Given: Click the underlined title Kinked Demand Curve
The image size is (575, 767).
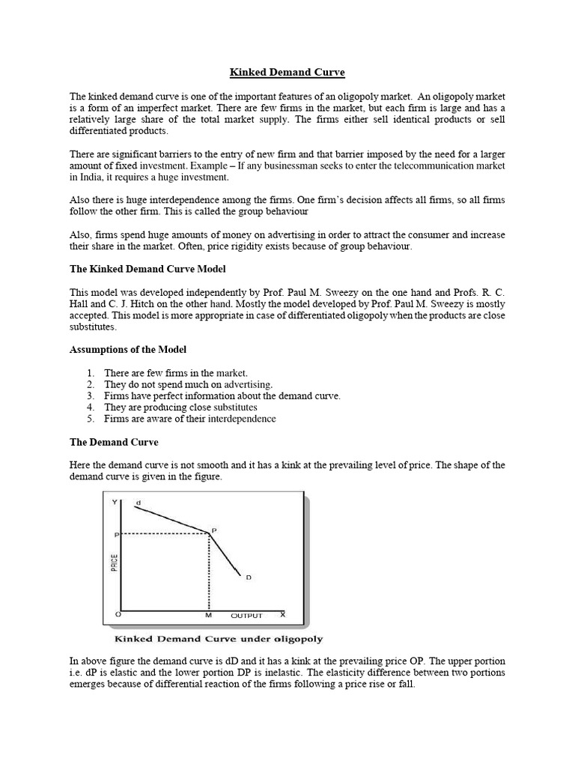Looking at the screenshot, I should click(x=287, y=72).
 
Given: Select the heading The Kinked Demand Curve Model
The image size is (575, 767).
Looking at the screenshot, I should click(x=147, y=269).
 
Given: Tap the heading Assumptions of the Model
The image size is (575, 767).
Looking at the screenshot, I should click(x=128, y=350).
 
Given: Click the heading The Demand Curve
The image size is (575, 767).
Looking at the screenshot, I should click(x=114, y=442).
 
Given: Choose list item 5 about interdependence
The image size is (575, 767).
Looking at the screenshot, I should click(x=189, y=418).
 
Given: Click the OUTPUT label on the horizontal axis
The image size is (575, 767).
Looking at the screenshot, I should click(x=246, y=616).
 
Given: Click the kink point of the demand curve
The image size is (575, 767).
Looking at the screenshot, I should click(x=208, y=533).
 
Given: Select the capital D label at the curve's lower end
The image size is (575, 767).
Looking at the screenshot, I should click(x=248, y=577).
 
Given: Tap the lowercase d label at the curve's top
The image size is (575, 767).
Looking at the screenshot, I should click(x=138, y=502).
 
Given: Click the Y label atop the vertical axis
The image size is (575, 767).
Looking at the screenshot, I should click(x=115, y=502).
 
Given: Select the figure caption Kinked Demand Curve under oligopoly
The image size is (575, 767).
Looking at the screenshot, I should click(x=218, y=639).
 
